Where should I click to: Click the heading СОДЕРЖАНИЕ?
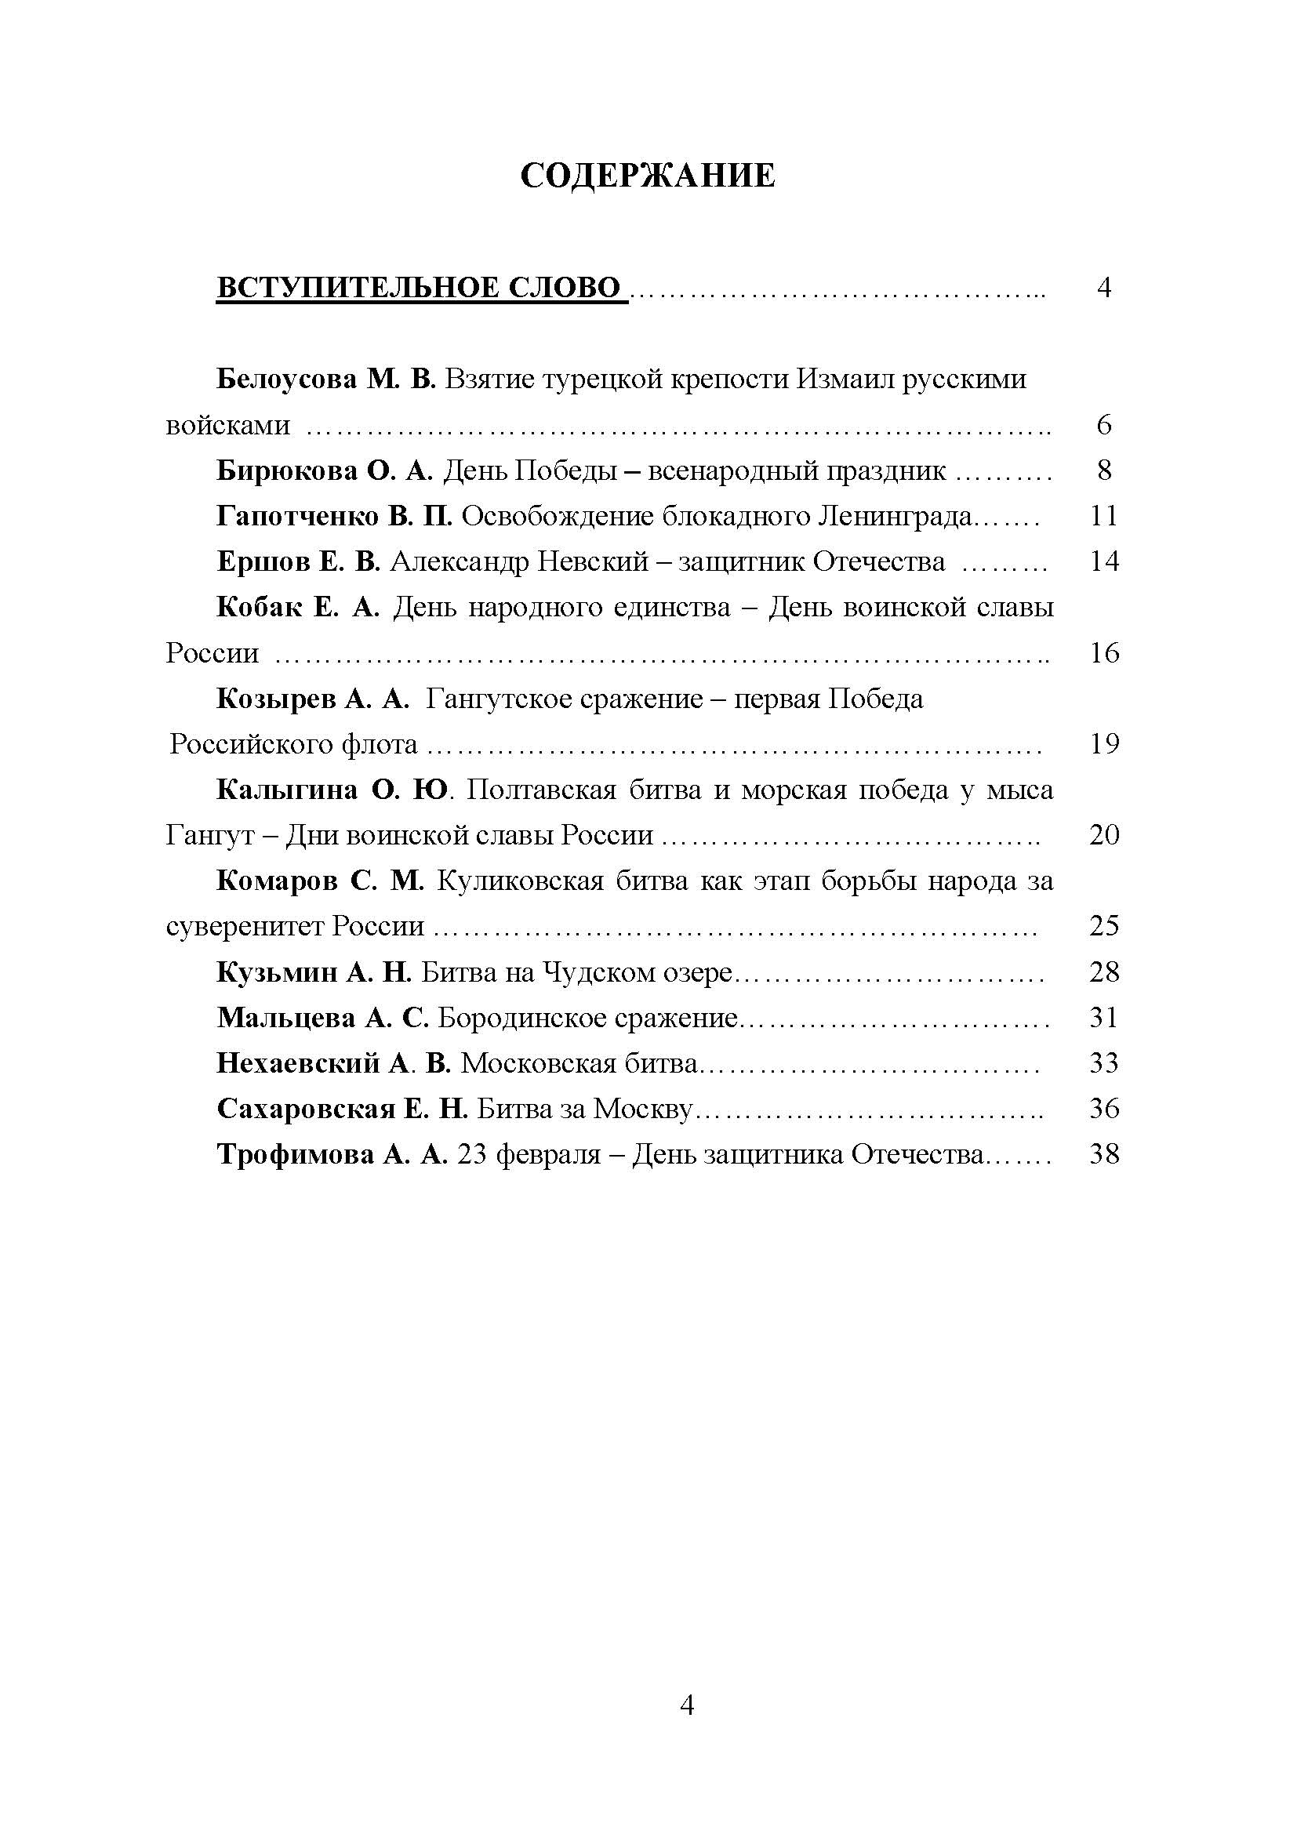click(x=647, y=175)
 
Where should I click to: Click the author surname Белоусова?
click(x=286, y=379)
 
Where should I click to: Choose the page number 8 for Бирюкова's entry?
click(x=1104, y=470)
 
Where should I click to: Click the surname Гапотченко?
click(x=297, y=517)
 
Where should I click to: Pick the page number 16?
click(x=1104, y=653)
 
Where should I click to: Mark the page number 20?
click(x=1104, y=836)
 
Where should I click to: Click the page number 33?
click(x=1104, y=1064)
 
